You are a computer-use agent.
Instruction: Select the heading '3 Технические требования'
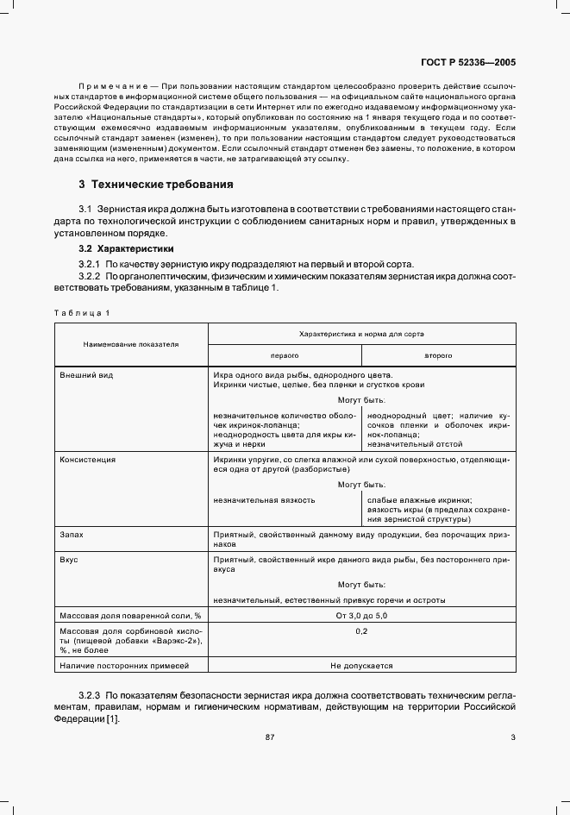pyautogui.click(x=155, y=185)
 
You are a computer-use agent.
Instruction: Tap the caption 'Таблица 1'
pyautogui.click(x=82, y=312)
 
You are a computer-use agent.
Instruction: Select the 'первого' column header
pyautogui.click(x=285, y=354)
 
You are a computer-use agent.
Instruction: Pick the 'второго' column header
pyautogui.click(x=438, y=354)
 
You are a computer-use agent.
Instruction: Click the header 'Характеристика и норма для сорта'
pyautogui.click(x=361, y=333)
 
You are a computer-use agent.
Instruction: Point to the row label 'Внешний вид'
pyautogui.click(x=86, y=375)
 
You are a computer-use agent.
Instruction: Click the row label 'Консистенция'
pyautogui.click(x=87, y=460)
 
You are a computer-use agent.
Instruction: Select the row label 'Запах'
pyautogui.click(x=72, y=535)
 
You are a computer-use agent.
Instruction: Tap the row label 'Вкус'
pyautogui.click(x=69, y=560)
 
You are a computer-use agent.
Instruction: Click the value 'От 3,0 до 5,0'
pyautogui.click(x=361, y=616)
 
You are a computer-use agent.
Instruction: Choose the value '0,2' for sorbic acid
pyautogui.click(x=361, y=632)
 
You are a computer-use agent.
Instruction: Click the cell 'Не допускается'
pyautogui.click(x=361, y=666)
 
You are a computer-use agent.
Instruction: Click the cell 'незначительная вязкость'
pyautogui.click(x=265, y=499)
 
